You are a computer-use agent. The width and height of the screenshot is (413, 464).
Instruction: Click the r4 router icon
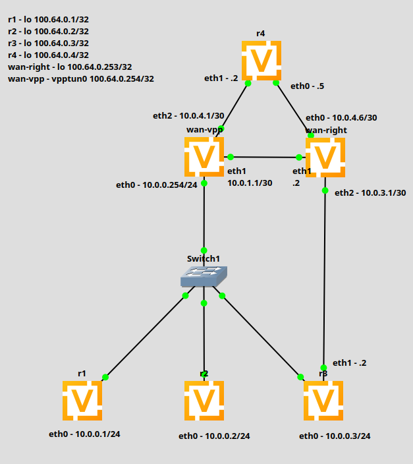tap(262, 61)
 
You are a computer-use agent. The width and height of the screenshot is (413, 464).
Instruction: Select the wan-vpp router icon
tap(204, 157)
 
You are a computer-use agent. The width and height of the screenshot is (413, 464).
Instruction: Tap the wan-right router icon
tap(325, 157)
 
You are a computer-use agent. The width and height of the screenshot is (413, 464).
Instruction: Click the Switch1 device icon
tap(204, 276)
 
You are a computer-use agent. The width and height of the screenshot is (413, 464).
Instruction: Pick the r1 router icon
tap(82, 400)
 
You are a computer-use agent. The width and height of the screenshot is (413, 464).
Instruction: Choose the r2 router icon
tap(204, 400)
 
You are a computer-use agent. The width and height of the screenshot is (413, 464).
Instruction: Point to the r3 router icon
tap(323, 400)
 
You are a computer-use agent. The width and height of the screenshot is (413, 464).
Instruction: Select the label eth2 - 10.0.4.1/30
tap(188, 116)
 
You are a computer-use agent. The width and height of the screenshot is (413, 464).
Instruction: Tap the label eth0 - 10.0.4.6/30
tap(341, 117)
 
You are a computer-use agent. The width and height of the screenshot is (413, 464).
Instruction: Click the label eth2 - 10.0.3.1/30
tap(370, 192)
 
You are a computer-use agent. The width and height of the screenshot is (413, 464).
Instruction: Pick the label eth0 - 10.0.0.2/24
tap(214, 436)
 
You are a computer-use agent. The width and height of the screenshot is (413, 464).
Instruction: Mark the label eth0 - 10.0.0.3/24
tap(335, 436)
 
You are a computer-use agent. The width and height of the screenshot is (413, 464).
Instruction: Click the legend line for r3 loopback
tap(48, 43)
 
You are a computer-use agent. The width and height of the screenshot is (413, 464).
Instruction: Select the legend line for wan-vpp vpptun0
tap(81, 78)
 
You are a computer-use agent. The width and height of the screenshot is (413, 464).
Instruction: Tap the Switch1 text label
tap(204, 258)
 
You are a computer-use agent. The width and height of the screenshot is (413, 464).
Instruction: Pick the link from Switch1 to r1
tap(145, 337)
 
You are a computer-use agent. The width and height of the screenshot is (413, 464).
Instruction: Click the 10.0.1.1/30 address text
tap(250, 183)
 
